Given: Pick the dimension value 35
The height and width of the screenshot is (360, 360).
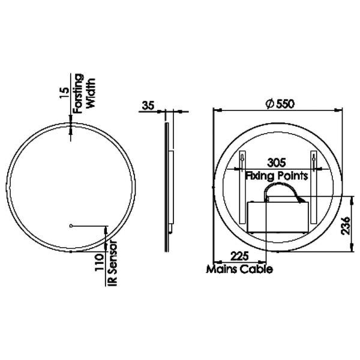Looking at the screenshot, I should click(148, 106).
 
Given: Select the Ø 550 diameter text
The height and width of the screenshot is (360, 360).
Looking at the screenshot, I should click(278, 103).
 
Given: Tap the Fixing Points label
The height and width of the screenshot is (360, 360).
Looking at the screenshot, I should click(277, 176).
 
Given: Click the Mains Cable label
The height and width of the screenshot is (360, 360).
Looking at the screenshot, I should click(239, 269).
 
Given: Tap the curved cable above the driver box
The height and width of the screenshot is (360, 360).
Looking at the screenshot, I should click(281, 187).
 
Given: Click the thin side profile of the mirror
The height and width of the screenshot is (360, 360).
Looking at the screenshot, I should click(167, 186).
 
